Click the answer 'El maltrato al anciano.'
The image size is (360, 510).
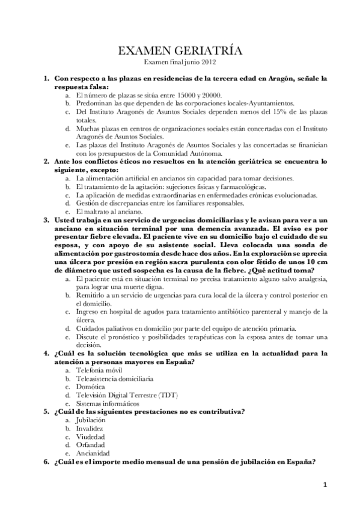(x=109, y=212)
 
